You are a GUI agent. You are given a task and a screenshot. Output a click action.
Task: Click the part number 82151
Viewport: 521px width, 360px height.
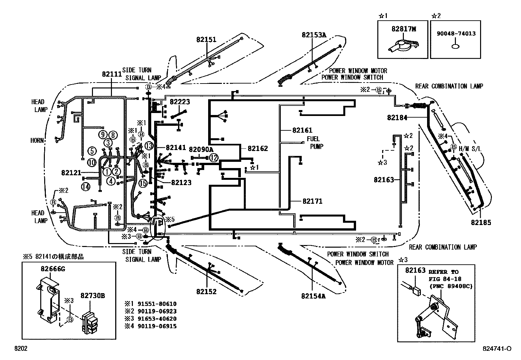click(x=206, y=40)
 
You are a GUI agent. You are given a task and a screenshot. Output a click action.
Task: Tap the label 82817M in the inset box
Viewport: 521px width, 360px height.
click(x=404, y=29)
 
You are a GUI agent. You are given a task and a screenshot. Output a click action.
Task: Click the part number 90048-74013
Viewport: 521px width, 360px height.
click(x=456, y=33)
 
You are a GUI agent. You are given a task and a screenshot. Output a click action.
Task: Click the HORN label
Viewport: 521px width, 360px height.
click(x=37, y=140)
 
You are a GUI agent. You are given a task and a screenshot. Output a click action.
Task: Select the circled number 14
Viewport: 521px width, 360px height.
click(x=86, y=187)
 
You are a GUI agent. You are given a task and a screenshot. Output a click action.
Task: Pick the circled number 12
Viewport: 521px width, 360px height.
click(x=213, y=158)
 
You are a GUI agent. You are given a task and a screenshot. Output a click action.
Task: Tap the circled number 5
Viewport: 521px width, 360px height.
click(x=92, y=151)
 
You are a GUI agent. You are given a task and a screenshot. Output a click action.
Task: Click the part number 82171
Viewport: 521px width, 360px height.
click(x=312, y=201)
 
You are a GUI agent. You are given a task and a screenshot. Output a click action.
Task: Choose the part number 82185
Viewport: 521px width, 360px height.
click(x=481, y=223)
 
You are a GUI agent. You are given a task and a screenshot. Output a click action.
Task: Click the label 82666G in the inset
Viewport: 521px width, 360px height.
click(x=53, y=269)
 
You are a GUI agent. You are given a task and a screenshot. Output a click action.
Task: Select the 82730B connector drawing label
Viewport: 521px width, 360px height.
click(x=93, y=296)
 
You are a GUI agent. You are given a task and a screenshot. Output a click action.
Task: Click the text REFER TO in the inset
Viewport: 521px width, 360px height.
click(x=443, y=272)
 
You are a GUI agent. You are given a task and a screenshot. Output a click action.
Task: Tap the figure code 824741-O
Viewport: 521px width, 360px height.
click(x=496, y=349)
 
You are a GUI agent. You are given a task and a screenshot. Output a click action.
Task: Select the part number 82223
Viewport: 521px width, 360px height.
click(x=180, y=102)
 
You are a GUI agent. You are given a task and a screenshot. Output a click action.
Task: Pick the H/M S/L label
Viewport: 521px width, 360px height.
click(x=470, y=149)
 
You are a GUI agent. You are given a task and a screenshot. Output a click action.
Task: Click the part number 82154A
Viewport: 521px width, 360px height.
click(x=314, y=296)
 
